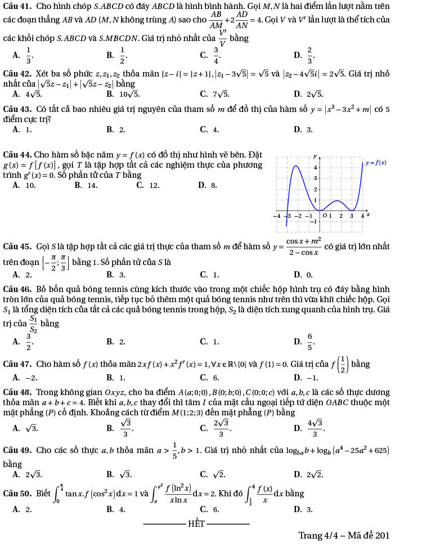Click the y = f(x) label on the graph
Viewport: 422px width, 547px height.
(376, 163)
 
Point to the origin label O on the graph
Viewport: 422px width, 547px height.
(324, 215)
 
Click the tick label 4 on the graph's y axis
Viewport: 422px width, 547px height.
(315, 167)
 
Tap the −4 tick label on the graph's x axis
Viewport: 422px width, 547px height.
(277, 216)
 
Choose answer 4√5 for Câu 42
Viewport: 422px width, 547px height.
(26, 94)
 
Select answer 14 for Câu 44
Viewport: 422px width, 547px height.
(92, 185)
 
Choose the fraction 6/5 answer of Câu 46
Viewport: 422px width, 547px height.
(309, 340)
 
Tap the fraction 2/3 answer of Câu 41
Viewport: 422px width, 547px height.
(309, 55)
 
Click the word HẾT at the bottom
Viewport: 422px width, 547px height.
(196, 523)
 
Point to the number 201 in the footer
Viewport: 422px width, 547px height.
(381, 535)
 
